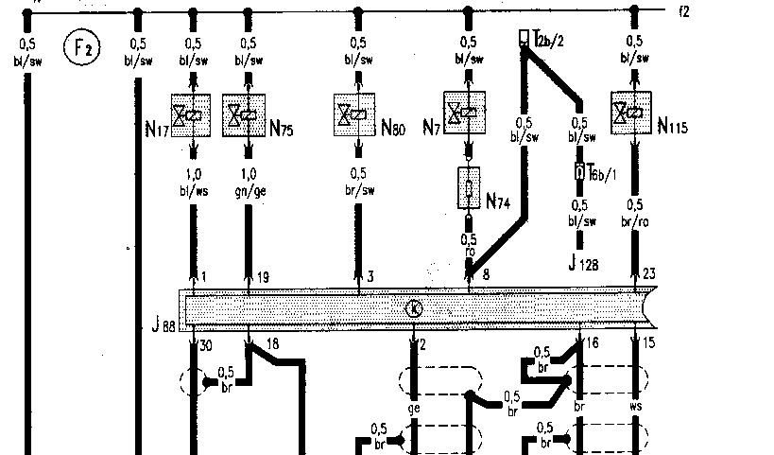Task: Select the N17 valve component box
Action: (193, 115)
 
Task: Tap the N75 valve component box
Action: (247, 115)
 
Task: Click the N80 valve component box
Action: (358, 115)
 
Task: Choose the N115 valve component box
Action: (634, 114)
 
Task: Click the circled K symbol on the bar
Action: (413, 307)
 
